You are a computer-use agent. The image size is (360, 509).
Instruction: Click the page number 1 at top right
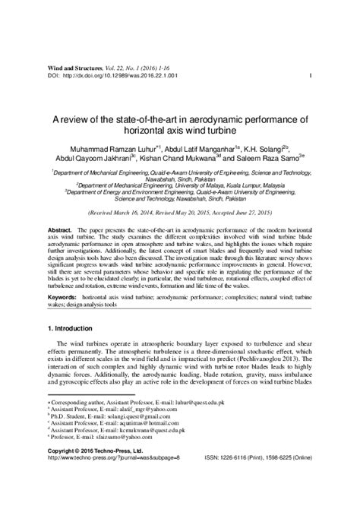click(x=313, y=76)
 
